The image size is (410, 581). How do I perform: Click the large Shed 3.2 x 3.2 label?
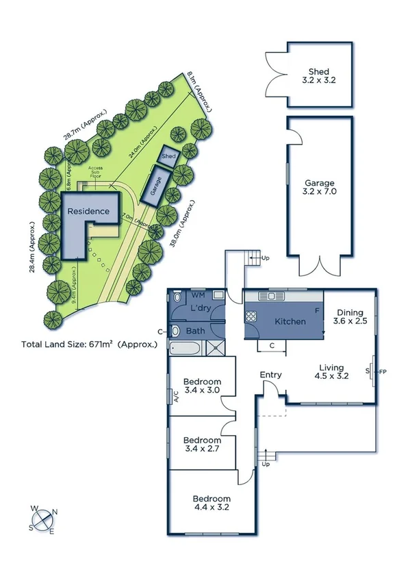tap(319, 76)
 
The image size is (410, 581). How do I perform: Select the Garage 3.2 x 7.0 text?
tap(320, 188)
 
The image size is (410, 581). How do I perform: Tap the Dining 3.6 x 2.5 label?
tap(350, 316)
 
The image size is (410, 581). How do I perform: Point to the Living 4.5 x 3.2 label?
tap(331, 371)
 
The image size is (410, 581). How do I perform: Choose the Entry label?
tap(270, 375)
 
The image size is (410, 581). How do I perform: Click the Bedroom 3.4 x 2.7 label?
tap(202, 445)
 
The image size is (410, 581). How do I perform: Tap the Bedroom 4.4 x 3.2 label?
tap(211, 503)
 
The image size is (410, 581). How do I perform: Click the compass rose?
tap(43, 520)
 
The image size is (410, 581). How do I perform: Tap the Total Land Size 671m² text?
tap(90, 344)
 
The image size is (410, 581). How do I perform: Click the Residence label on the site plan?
tap(88, 211)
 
